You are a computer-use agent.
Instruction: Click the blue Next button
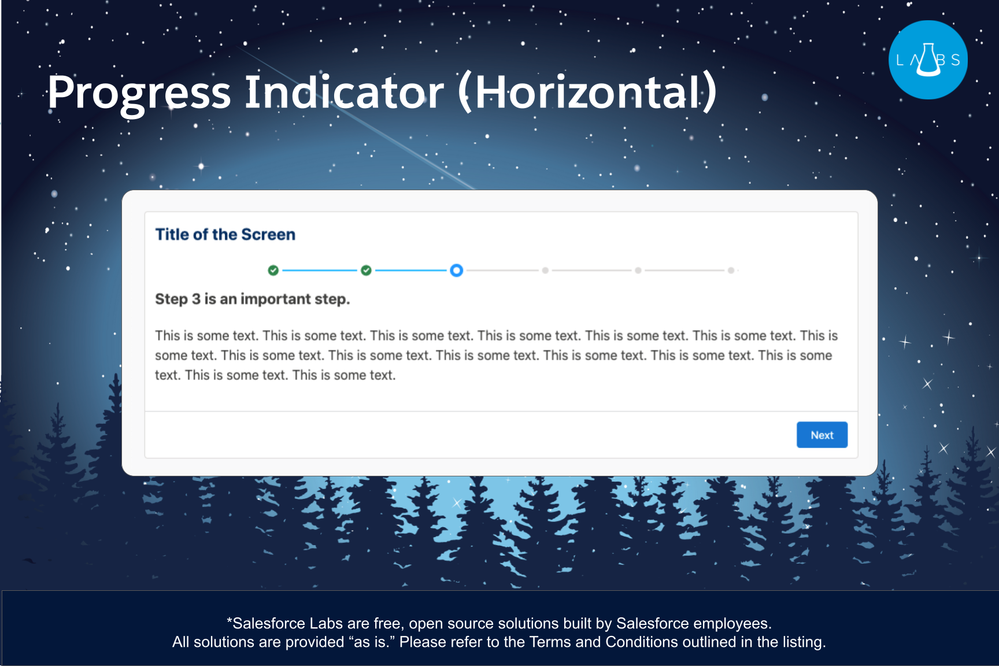[x=822, y=435]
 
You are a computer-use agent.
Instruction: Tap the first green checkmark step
[x=273, y=270]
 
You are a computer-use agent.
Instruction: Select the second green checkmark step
[x=366, y=270]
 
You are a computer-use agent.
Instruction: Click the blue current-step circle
[x=457, y=270]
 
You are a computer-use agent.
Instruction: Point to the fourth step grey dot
[x=545, y=270]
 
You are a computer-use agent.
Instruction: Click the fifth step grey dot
[x=638, y=270]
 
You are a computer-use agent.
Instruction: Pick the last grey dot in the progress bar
[x=731, y=270]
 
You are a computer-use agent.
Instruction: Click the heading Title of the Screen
[x=225, y=234]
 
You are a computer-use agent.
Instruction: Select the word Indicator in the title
[x=344, y=92]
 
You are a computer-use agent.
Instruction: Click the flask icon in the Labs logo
[x=928, y=60]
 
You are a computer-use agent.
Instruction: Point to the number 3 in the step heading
[x=196, y=299]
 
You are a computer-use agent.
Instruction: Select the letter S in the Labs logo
[x=956, y=60]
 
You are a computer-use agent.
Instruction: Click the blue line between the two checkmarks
[x=320, y=270]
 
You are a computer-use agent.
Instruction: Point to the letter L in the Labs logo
[x=900, y=60]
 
